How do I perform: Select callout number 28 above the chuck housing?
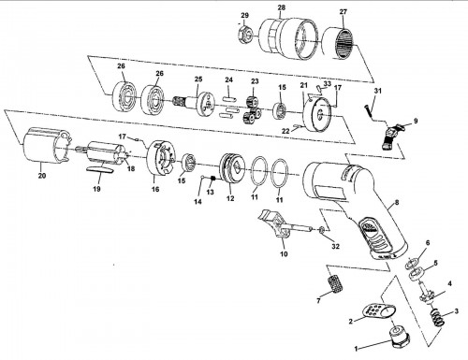point(281,7)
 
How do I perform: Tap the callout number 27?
point(344,12)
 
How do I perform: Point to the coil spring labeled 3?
point(437,318)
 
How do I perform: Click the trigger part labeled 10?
point(283,225)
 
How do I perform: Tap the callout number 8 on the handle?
point(397,203)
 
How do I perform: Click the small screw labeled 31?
point(367,111)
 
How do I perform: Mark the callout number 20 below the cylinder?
point(42,176)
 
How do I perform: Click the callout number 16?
point(155,189)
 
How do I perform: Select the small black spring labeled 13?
point(213,179)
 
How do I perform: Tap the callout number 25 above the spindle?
point(198,79)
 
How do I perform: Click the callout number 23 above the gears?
point(255,81)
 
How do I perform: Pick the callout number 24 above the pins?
point(229,80)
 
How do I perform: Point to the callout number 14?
point(197,202)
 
